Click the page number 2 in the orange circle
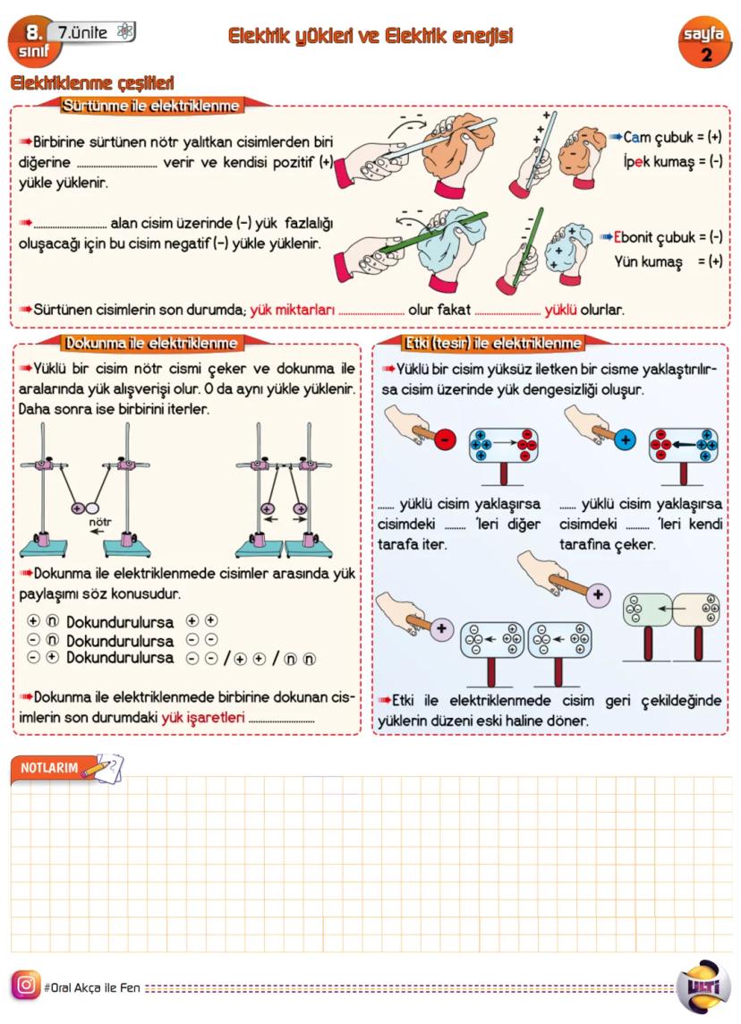point(707,55)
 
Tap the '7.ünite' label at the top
point(82,32)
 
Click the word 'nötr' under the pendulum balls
point(99,518)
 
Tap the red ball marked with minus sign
point(444,439)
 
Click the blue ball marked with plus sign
point(625,439)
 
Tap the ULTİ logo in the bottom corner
point(703,986)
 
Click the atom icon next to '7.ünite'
point(124,32)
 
